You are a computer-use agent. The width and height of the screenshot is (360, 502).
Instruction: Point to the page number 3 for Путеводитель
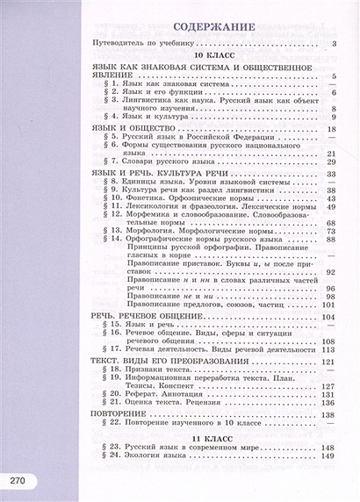coord(335,43)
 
